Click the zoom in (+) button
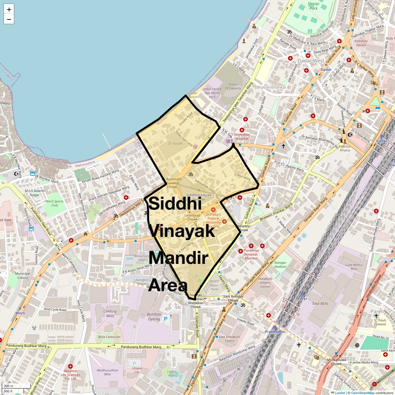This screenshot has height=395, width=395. (x=9, y=10)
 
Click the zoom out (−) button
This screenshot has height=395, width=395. (x=9, y=19)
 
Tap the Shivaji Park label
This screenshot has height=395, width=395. (x=313, y=6)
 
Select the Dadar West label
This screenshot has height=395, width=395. (x=311, y=61)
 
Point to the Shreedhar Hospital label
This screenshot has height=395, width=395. (x=242, y=137)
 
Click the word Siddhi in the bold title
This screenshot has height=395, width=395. (x=175, y=204)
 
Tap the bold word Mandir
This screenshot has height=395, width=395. (x=178, y=258)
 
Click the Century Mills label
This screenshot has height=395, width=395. (x=110, y=313)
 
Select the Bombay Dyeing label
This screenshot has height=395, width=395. (x=154, y=317)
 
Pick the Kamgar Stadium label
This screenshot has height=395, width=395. (x=280, y=265)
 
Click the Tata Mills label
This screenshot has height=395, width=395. (x=320, y=303)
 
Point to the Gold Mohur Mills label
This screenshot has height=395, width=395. (x=354, y=267)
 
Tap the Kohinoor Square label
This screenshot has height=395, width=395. (x=361, y=43)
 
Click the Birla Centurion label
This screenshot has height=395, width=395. (x=109, y=337)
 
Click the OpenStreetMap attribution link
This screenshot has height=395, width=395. (x=362, y=393)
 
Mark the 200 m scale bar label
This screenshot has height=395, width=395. (x=9, y=386)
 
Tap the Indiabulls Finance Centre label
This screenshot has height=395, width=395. (x=265, y=282)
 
